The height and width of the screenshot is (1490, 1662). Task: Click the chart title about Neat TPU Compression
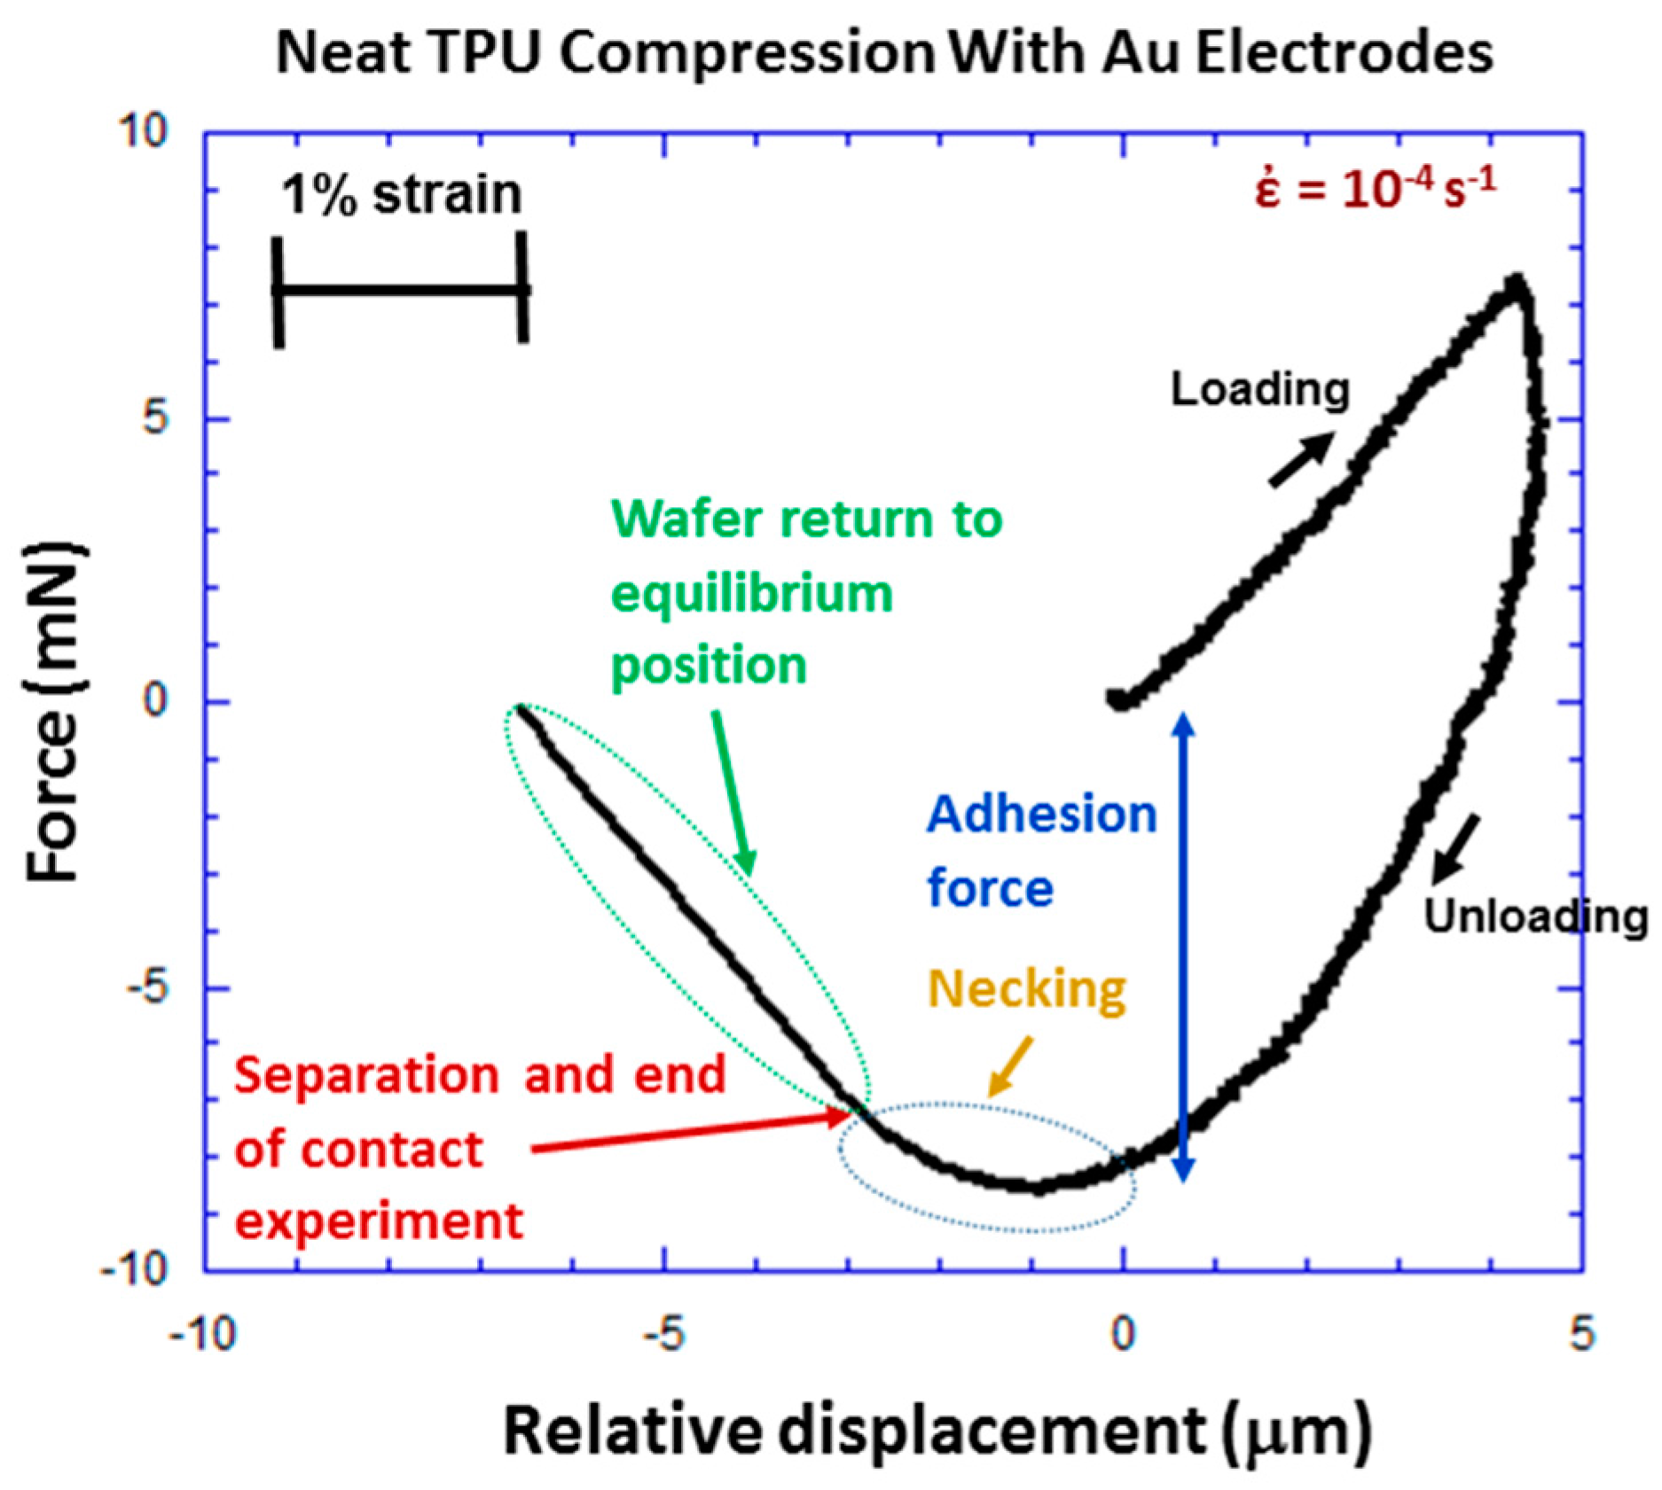884,53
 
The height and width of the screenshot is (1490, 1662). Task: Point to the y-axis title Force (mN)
55,714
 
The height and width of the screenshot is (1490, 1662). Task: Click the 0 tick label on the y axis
155,700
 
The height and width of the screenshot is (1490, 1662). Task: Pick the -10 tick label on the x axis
203,1333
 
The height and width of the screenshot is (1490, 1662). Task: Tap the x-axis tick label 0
1123,1333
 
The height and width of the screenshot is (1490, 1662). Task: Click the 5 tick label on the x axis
1581,1333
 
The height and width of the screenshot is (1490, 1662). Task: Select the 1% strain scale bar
401,290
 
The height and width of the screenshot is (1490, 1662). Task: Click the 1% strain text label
401,195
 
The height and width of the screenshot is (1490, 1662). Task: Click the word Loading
1259,390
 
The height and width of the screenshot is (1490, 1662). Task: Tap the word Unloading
1535,917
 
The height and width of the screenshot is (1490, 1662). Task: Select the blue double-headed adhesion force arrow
1183,948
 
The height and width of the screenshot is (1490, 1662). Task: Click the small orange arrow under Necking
1011,1066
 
